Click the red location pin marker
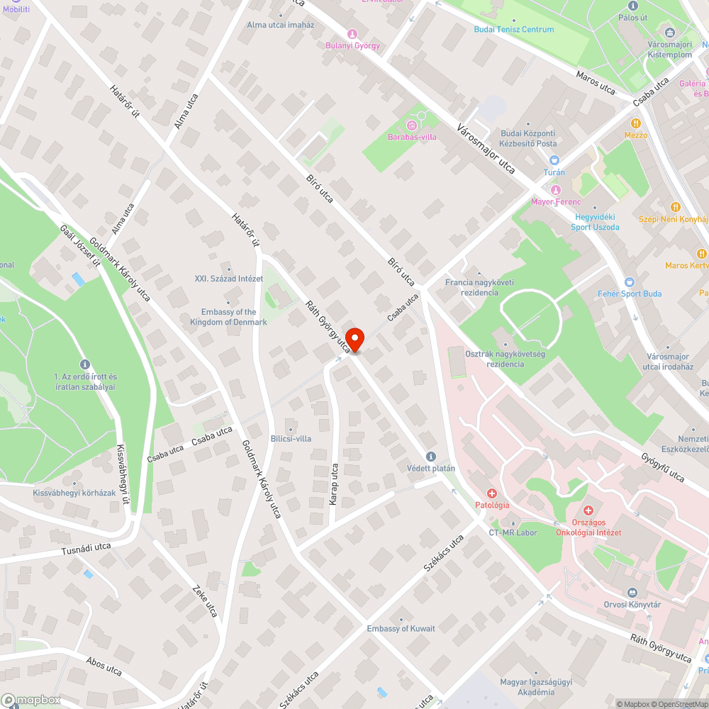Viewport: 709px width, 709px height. click(354, 340)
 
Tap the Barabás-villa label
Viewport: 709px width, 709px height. click(412, 137)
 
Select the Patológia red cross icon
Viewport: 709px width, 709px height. click(491, 493)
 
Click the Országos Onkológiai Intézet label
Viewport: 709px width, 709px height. click(588, 527)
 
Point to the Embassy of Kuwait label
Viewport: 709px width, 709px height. click(401, 629)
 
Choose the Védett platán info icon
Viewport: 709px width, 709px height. click(430, 457)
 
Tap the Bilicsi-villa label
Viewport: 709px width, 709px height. click(291, 439)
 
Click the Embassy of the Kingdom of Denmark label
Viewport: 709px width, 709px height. click(228, 317)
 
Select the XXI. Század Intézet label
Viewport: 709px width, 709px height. click(229, 279)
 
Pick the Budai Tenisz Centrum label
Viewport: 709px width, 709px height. click(514, 30)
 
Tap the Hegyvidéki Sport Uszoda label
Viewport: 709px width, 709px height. click(596, 222)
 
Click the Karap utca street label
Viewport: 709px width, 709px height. click(333, 484)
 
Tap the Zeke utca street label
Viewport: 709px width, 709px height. click(205, 599)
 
